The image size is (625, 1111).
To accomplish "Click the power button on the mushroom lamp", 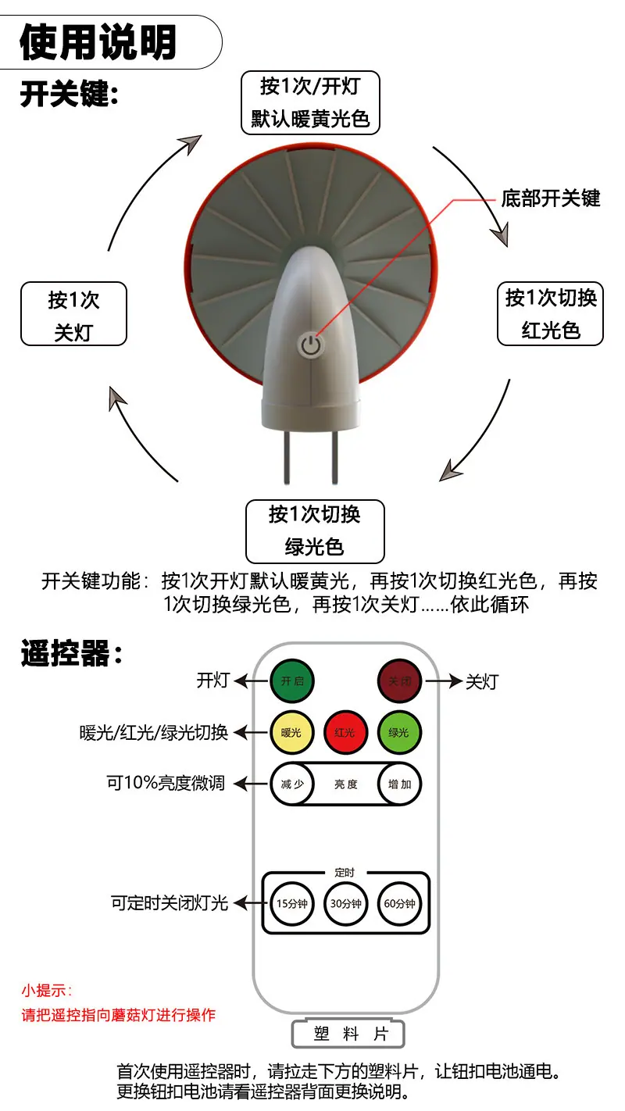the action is tap(310, 345).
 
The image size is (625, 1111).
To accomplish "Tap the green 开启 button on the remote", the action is tap(292, 681).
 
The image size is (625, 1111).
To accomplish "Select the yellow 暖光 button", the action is tap(291, 733).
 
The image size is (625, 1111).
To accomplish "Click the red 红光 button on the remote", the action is tap(345, 733).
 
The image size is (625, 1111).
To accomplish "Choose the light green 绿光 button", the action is tap(398, 733).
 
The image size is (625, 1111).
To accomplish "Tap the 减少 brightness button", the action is tap(292, 784).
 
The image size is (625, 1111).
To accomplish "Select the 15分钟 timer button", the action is tap(291, 903).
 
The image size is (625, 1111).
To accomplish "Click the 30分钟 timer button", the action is tap(346, 903).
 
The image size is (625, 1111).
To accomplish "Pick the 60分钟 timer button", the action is tap(399, 903).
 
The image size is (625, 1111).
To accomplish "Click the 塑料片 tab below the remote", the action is tap(348, 1034).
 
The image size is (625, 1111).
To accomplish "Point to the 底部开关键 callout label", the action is tap(551, 198).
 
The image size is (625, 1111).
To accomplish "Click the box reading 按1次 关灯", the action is tap(74, 314).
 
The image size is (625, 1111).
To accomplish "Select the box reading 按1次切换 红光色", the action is tap(550, 313).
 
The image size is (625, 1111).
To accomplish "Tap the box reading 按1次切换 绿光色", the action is tap(315, 531).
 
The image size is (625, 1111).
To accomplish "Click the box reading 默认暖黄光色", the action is tap(310, 102).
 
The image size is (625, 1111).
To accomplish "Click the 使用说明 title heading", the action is tap(98, 42).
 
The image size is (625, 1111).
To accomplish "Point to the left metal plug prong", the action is tap(287, 456).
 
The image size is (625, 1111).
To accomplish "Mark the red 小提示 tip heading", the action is tap(47, 991).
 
